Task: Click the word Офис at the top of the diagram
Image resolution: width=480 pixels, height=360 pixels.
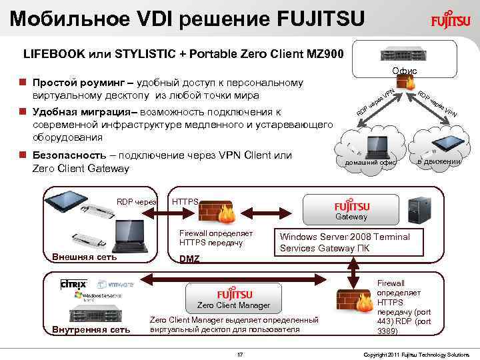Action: click(x=405, y=71)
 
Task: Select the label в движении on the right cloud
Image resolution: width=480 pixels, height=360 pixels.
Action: click(x=439, y=161)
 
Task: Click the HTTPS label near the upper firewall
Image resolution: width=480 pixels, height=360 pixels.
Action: click(x=185, y=202)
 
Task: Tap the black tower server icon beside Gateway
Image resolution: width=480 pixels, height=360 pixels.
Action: click(x=421, y=207)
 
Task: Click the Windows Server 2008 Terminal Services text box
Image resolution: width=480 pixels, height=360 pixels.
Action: click(x=345, y=243)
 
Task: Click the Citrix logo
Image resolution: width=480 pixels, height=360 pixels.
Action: click(x=73, y=284)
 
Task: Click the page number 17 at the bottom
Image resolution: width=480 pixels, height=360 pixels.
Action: click(x=240, y=353)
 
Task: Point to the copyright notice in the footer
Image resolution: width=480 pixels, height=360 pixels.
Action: click(x=417, y=353)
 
